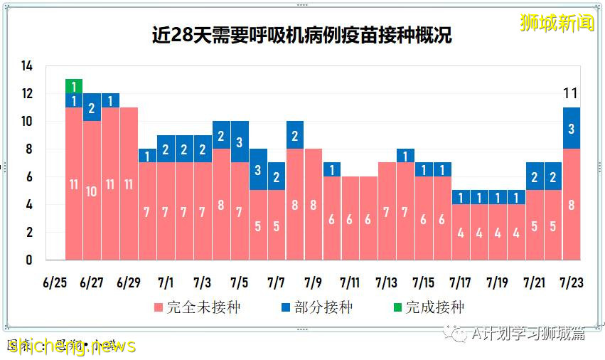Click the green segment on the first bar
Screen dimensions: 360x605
tap(74, 86)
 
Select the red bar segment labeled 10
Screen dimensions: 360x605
tap(92, 190)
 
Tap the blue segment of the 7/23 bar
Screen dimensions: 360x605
tap(572, 128)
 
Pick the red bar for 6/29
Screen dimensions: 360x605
tap(129, 184)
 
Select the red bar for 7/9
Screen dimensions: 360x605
tap(314, 204)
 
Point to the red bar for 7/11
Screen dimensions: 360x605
tap(350, 218)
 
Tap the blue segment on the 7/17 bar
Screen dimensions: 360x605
tap(461, 197)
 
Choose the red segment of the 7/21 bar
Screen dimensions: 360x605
tap(535, 225)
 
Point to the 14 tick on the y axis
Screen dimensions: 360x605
tap(26, 66)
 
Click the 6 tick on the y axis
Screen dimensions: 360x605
tap(29, 177)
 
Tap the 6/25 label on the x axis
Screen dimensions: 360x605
tap(55, 282)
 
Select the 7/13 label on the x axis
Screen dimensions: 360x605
tap(387, 282)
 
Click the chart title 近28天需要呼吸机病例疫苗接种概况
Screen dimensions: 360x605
tap(301, 35)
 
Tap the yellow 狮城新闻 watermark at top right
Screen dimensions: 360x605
tap(557, 23)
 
